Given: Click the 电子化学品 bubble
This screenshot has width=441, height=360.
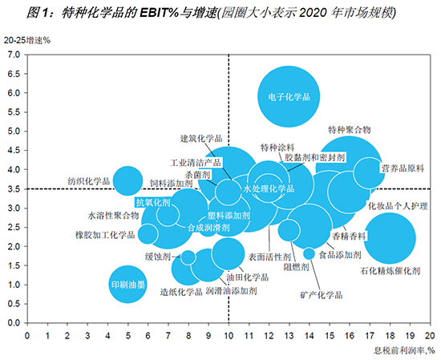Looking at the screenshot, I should pyautogui.click(x=289, y=97).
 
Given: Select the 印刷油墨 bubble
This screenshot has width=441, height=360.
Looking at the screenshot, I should pyautogui.click(x=128, y=285).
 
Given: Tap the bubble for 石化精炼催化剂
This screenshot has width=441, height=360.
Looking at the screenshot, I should pyautogui.click(x=389, y=237).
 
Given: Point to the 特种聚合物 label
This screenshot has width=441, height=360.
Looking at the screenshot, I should pyautogui.click(x=350, y=129).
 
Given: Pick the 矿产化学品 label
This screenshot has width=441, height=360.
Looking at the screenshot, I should pyautogui.click(x=322, y=296).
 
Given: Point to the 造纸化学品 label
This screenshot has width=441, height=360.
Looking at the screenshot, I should pyautogui.click(x=180, y=292).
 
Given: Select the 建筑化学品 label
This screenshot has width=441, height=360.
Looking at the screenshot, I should pyautogui.click(x=200, y=138).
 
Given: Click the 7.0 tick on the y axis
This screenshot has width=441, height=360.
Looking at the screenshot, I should pyautogui.click(x=14, y=55).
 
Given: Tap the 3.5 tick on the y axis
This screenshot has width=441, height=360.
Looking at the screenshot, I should pyautogui.click(x=14, y=189).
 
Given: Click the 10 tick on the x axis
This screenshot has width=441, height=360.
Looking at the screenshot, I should pyautogui.click(x=229, y=334).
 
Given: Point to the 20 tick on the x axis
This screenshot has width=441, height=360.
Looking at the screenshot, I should pyautogui.click(x=430, y=334).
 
